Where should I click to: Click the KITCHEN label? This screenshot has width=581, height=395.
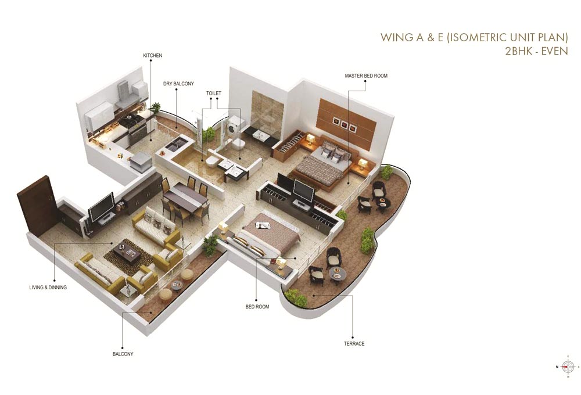[x=152, y=56]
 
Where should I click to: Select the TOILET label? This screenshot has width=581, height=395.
[x=213, y=93]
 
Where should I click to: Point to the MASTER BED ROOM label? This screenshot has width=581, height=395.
[x=365, y=76]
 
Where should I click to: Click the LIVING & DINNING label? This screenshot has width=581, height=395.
[x=48, y=288]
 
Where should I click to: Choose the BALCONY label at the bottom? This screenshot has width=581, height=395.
[x=123, y=354]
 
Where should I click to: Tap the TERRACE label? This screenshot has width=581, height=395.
[x=354, y=344]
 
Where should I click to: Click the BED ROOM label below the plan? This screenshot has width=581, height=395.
[x=257, y=307]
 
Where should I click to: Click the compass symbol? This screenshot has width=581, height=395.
[x=567, y=367]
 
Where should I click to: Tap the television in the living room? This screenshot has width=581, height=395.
[x=101, y=206]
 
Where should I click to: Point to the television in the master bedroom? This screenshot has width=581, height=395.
[x=304, y=190]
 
